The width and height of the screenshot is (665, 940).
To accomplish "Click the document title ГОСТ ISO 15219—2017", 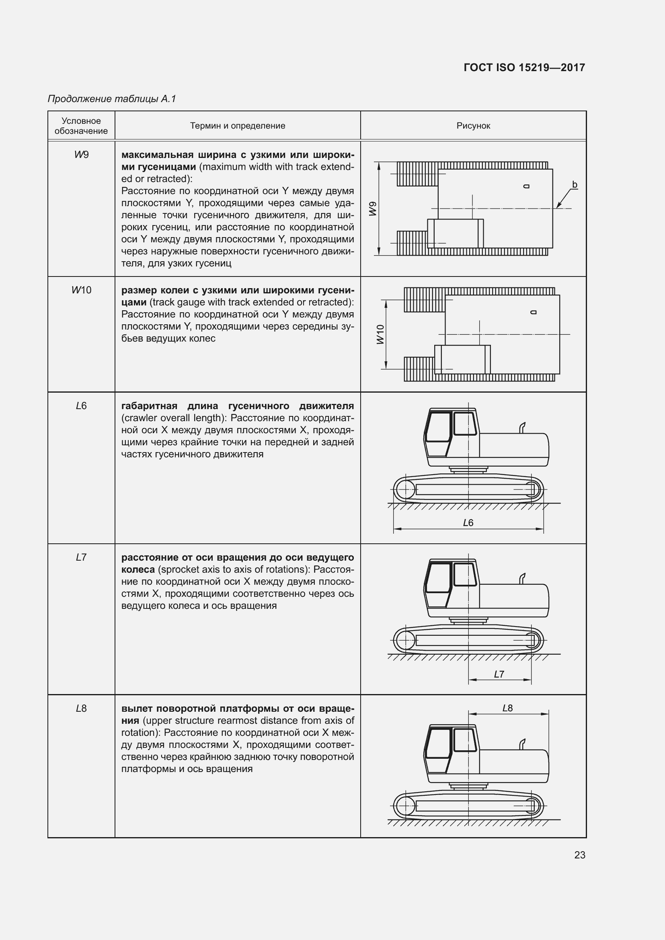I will click(524, 68).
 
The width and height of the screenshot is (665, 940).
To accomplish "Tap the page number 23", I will click(579, 855).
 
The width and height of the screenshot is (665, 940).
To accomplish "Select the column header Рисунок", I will click(473, 126).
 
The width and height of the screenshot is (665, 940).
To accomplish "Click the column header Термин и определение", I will click(238, 126).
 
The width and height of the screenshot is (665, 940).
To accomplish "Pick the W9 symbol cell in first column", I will click(81, 155).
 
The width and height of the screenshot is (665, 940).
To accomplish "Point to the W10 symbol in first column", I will click(81, 290).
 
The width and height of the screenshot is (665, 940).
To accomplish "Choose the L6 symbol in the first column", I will click(81, 406).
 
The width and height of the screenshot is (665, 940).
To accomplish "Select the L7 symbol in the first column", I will click(81, 557).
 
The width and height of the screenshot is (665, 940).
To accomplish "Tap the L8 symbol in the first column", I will click(81, 708).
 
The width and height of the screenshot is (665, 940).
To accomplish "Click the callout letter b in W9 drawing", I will click(575, 184).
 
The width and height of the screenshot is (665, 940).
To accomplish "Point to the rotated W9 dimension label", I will click(372, 209).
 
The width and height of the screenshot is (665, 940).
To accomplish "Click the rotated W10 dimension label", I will click(380, 334).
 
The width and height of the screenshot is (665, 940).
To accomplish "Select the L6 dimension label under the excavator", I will click(468, 523).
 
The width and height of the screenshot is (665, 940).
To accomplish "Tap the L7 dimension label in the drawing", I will click(499, 674).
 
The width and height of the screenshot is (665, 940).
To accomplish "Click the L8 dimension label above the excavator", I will click(507, 708).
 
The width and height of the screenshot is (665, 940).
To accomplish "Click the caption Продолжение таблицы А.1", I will click(112, 99).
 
